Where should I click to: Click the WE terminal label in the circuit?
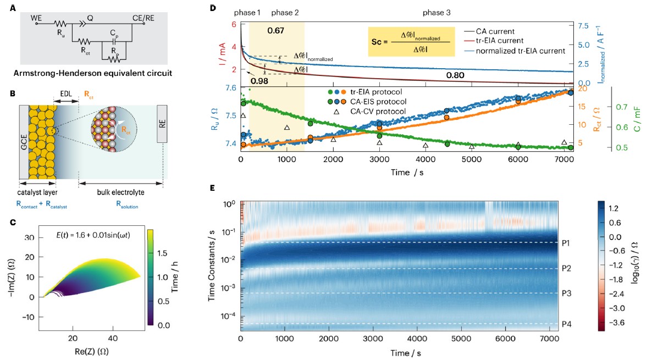36,18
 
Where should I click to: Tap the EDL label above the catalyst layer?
65,95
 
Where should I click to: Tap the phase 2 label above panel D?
286,12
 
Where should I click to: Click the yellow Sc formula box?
411,41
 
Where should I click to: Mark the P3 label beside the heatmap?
567,293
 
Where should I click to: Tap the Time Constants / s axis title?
213,265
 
